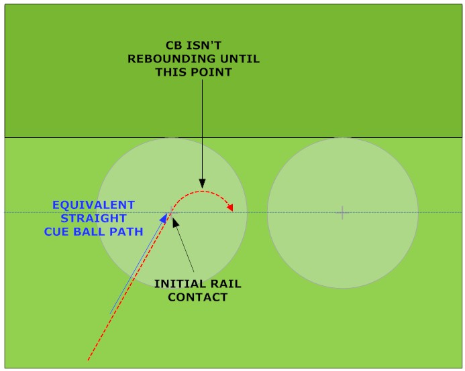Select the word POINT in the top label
[x=211, y=72]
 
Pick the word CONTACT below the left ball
[x=197, y=297]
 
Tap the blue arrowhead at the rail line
[x=163, y=217]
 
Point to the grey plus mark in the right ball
[x=342, y=213]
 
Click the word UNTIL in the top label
[x=237, y=59]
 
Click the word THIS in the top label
[x=172, y=72]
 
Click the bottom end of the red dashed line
[x=89, y=360]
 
